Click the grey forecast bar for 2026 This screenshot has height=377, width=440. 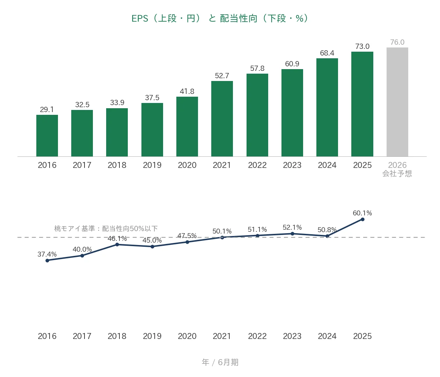point(397,102)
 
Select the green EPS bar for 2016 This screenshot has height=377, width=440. point(47,136)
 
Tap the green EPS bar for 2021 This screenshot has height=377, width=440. point(222,119)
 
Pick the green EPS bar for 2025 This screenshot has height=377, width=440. point(362,104)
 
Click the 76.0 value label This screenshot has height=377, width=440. point(397,42)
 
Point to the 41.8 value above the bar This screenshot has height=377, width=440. point(187,91)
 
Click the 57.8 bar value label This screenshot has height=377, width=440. point(257,68)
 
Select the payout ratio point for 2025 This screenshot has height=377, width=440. point(362,219)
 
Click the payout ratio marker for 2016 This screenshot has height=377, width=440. point(47,261)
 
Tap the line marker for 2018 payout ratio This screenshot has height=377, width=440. point(117,245)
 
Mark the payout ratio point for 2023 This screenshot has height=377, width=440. point(293,234)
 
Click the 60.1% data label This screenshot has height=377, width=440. point(362,213)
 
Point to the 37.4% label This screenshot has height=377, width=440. point(47,254)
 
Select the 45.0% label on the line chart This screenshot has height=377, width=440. point(152,240)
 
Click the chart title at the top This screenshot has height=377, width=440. point(220,18)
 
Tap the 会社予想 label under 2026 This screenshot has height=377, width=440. point(397,173)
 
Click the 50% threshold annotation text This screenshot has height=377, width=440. point(106,229)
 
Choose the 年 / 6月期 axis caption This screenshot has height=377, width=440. point(220,362)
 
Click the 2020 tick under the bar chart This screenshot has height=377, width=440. point(187,165)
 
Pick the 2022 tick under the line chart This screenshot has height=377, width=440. point(257,336)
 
